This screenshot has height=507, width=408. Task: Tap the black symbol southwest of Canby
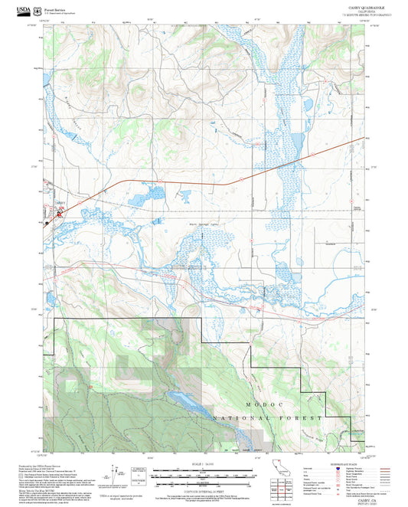coord(47,223)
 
